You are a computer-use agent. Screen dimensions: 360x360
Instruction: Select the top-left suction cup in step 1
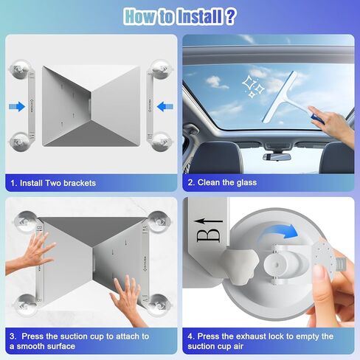click(x=15, y=71)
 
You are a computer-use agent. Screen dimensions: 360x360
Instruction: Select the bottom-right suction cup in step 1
click(x=161, y=139)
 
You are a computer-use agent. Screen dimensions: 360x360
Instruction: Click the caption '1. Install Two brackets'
click(x=53, y=182)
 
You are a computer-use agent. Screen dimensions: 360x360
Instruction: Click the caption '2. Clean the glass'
click(x=222, y=182)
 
